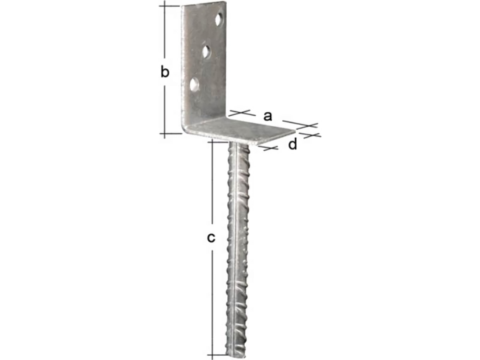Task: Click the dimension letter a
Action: point(268,116)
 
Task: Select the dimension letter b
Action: point(165,73)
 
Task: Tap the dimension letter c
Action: point(211,238)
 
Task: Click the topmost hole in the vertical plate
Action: point(219,20)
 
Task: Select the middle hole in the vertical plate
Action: point(207,52)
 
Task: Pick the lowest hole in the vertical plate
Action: point(194,84)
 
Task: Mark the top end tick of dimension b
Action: point(165,6)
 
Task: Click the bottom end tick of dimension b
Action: point(165,133)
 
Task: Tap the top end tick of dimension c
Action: point(212,141)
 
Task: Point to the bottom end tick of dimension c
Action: point(212,354)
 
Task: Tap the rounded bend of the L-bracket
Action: point(185,127)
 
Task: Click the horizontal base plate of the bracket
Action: point(240,130)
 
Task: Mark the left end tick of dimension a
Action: point(240,112)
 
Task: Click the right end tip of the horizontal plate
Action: point(295,131)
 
